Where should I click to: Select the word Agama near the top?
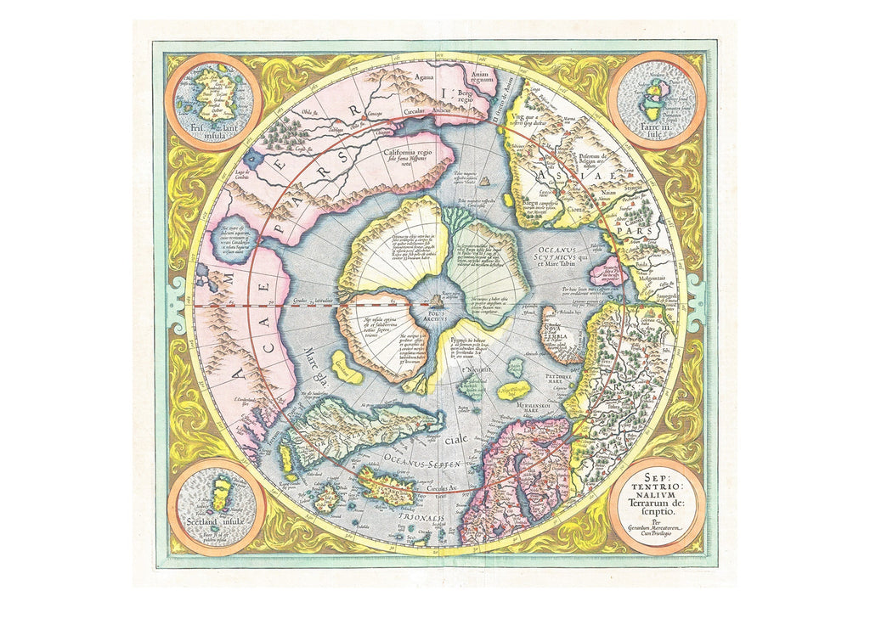coord(401,78)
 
